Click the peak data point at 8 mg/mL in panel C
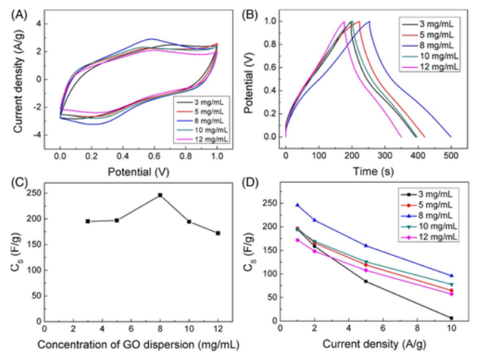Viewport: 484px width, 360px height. tap(160, 195)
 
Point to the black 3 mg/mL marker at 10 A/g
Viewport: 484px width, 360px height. tap(451, 318)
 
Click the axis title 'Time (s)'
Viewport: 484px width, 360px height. tap(369, 171)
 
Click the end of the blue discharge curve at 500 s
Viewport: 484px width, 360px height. tap(451, 136)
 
